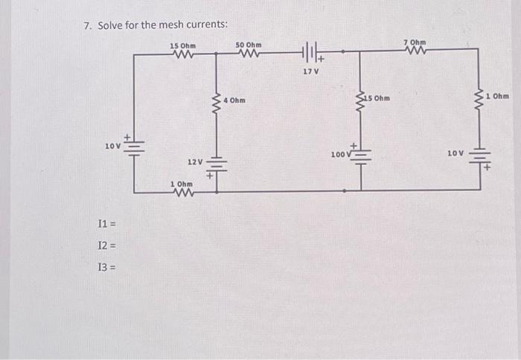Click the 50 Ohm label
249,45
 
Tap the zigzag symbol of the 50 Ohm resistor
249,54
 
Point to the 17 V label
310,71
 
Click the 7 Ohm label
415,42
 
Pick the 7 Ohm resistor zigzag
415,51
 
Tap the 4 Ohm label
234,100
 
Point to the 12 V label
195,161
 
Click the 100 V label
339,155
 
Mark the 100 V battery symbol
361,155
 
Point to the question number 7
86,26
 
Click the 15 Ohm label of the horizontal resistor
183,45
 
